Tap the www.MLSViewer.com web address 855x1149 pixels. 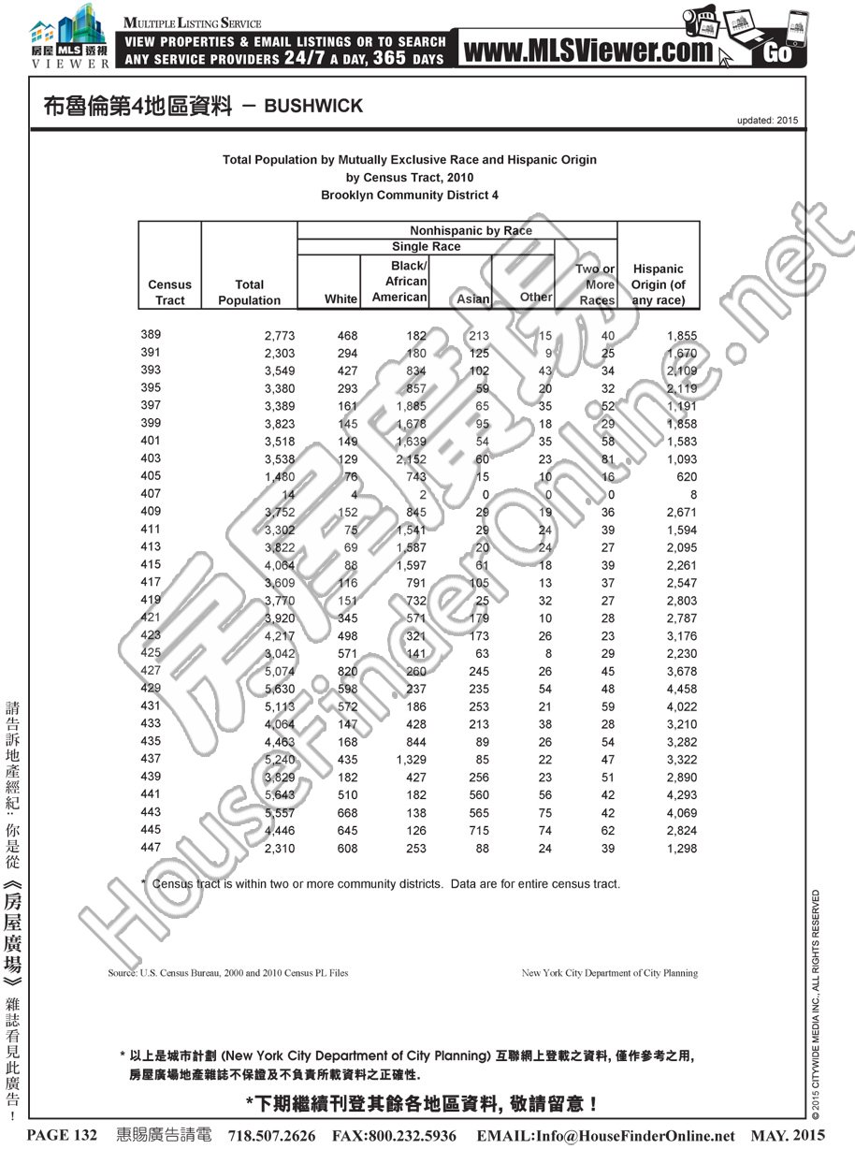tap(587, 51)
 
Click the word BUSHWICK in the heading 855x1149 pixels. tap(313, 107)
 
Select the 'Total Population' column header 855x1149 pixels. tap(249, 292)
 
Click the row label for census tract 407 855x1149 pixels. tap(151, 493)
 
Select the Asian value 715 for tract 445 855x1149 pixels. tap(479, 831)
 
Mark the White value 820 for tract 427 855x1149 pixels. tap(346, 671)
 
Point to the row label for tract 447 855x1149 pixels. tap(151, 848)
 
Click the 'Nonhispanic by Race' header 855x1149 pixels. tap(471, 230)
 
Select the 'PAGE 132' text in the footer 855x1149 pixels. tap(63, 1135)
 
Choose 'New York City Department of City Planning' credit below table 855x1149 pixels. tap(609, 973)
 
